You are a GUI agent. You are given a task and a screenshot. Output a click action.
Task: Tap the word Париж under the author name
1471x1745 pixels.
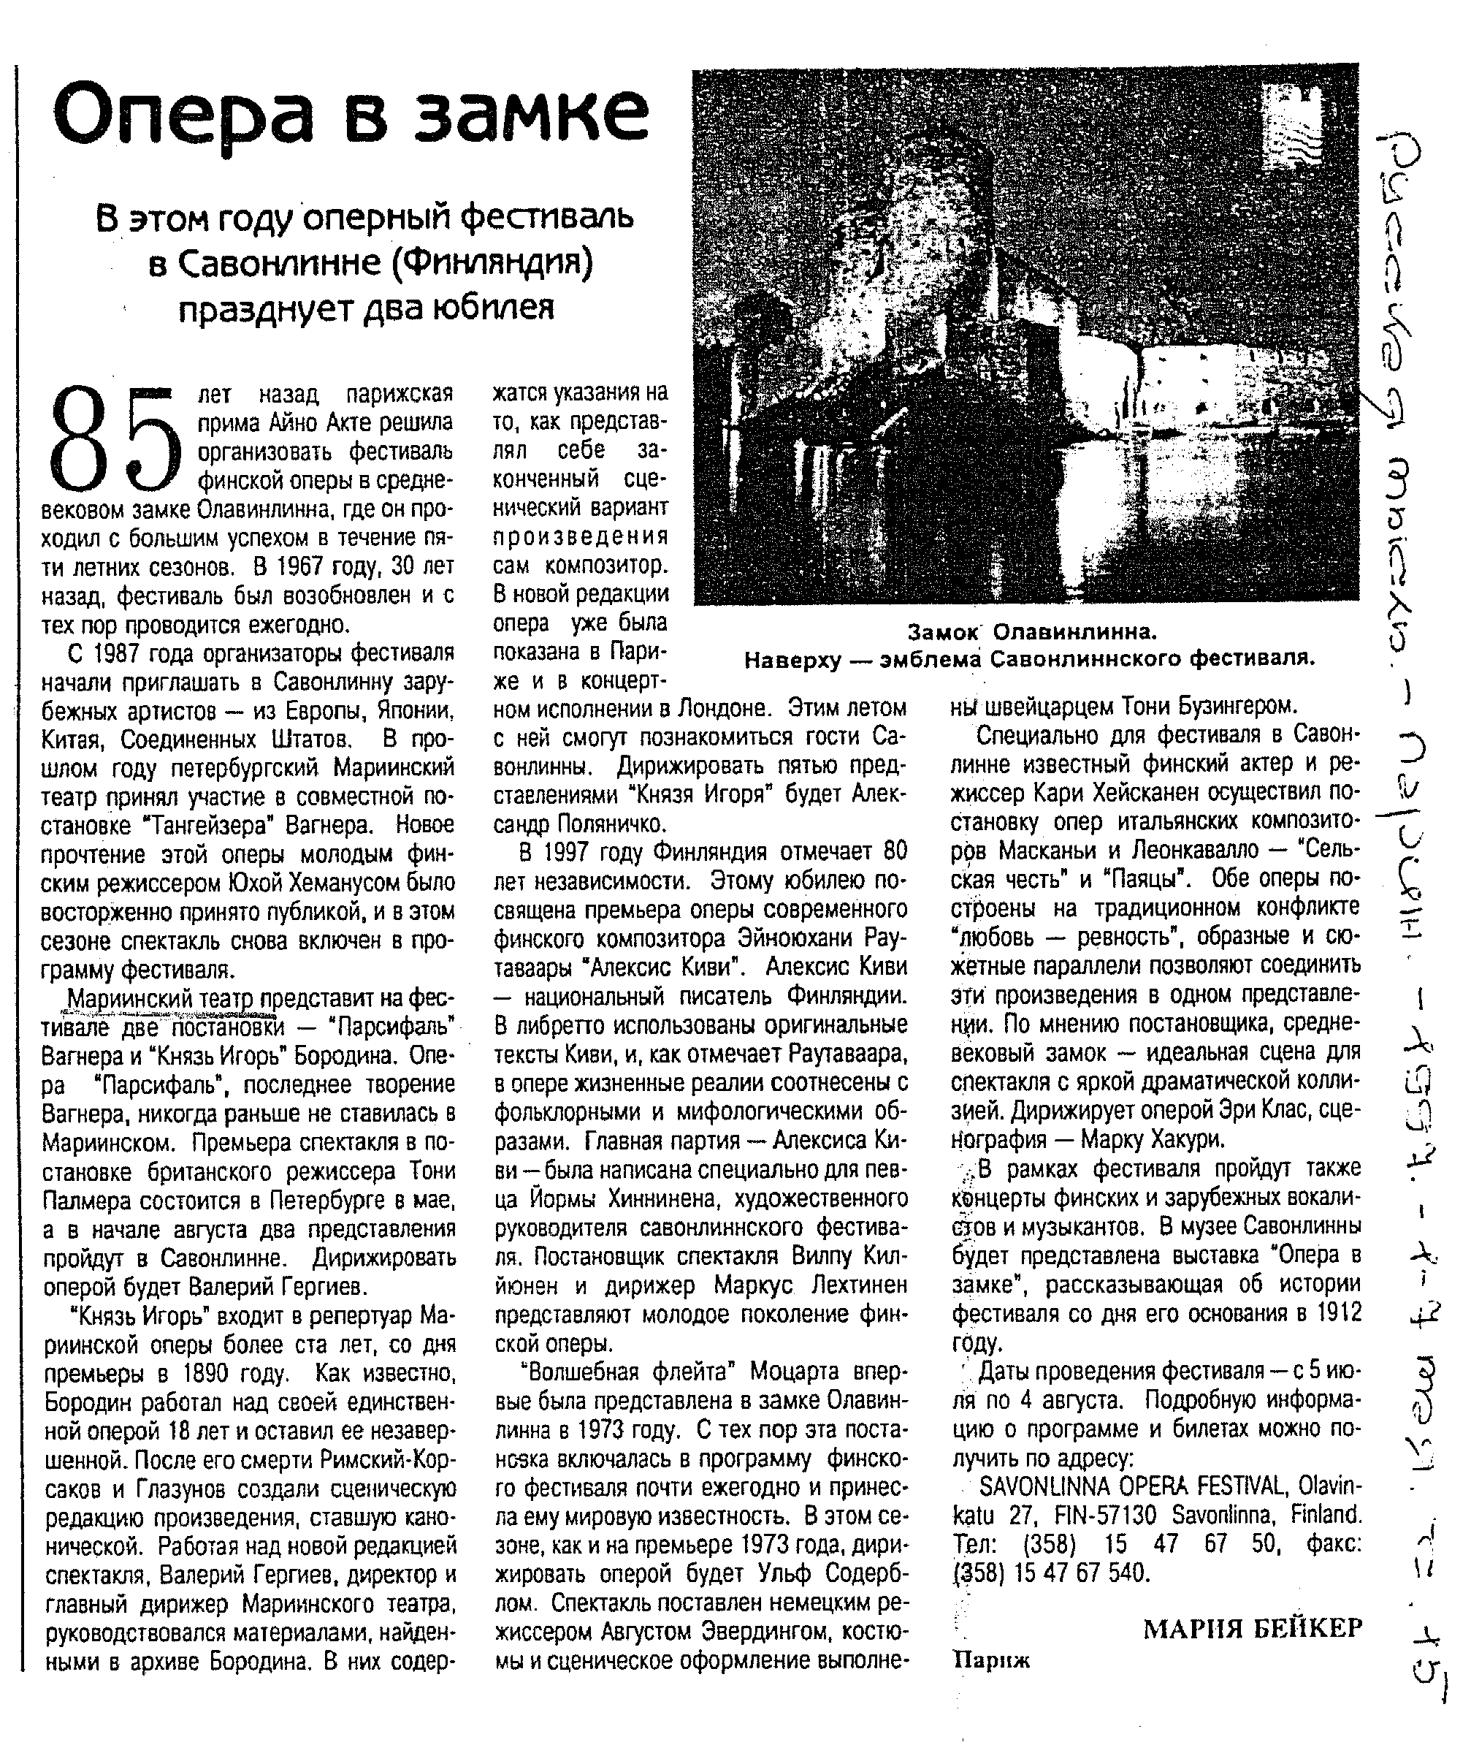click(x=990, y=1660)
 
